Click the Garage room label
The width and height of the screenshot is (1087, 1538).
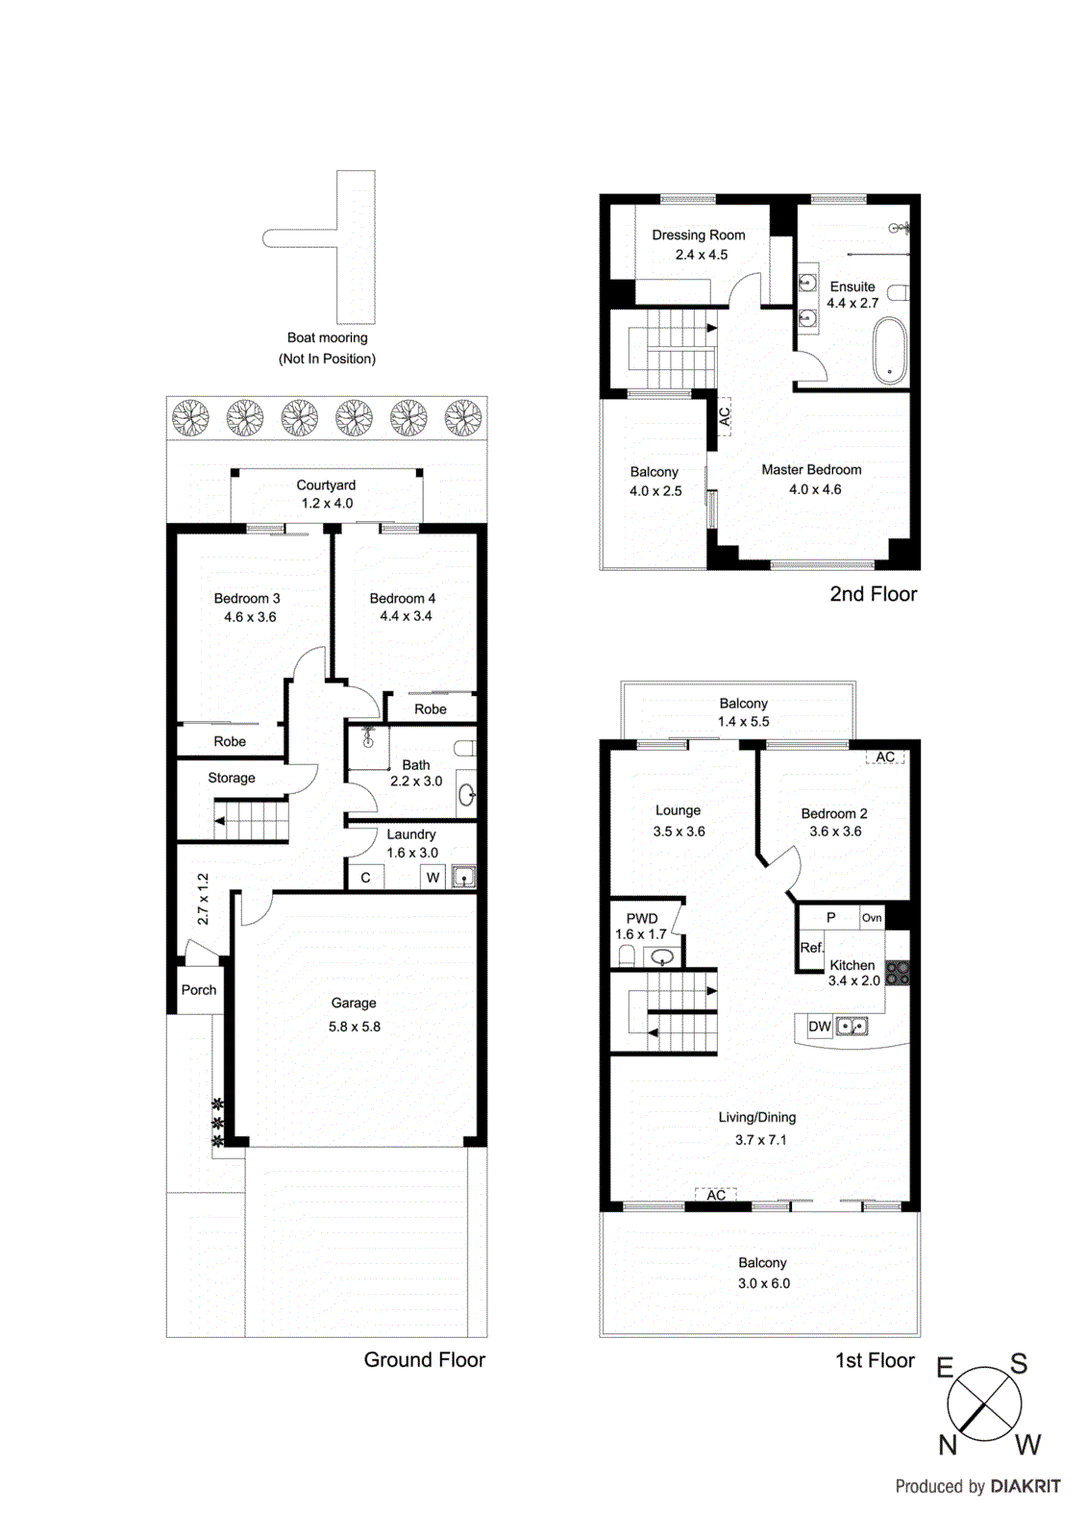click(354, 1003)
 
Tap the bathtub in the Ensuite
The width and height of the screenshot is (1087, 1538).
click(890, 351)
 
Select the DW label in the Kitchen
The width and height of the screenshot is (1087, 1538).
click(819, 1027)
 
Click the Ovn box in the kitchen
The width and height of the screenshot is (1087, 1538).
click(872, 917)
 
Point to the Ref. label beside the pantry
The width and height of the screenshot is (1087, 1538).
click(811, 948)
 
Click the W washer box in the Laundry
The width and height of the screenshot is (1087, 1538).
click(432, 877)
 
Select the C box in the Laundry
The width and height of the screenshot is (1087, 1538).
click(365, 877)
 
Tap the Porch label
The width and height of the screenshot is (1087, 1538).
click(199, 989)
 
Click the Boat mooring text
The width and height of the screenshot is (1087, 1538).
click(327, 337)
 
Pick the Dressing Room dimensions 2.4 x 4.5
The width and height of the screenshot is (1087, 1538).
click(701, 255)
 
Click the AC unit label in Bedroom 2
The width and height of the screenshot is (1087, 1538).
click(885, 757)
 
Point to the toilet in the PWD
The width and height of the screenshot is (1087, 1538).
click(627, 955)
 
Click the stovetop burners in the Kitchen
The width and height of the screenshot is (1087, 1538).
click(897, 973)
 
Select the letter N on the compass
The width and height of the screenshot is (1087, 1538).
click(948, 1444)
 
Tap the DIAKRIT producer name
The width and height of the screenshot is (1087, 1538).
click(1025, 1486)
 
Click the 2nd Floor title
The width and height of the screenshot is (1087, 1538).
click(873, 594)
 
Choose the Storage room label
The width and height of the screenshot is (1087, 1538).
click(232, 778)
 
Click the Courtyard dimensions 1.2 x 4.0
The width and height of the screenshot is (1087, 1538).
click(327, 503)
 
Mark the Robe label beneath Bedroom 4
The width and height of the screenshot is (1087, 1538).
click(430, 709)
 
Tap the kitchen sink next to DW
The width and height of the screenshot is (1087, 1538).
click(852, 1027)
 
